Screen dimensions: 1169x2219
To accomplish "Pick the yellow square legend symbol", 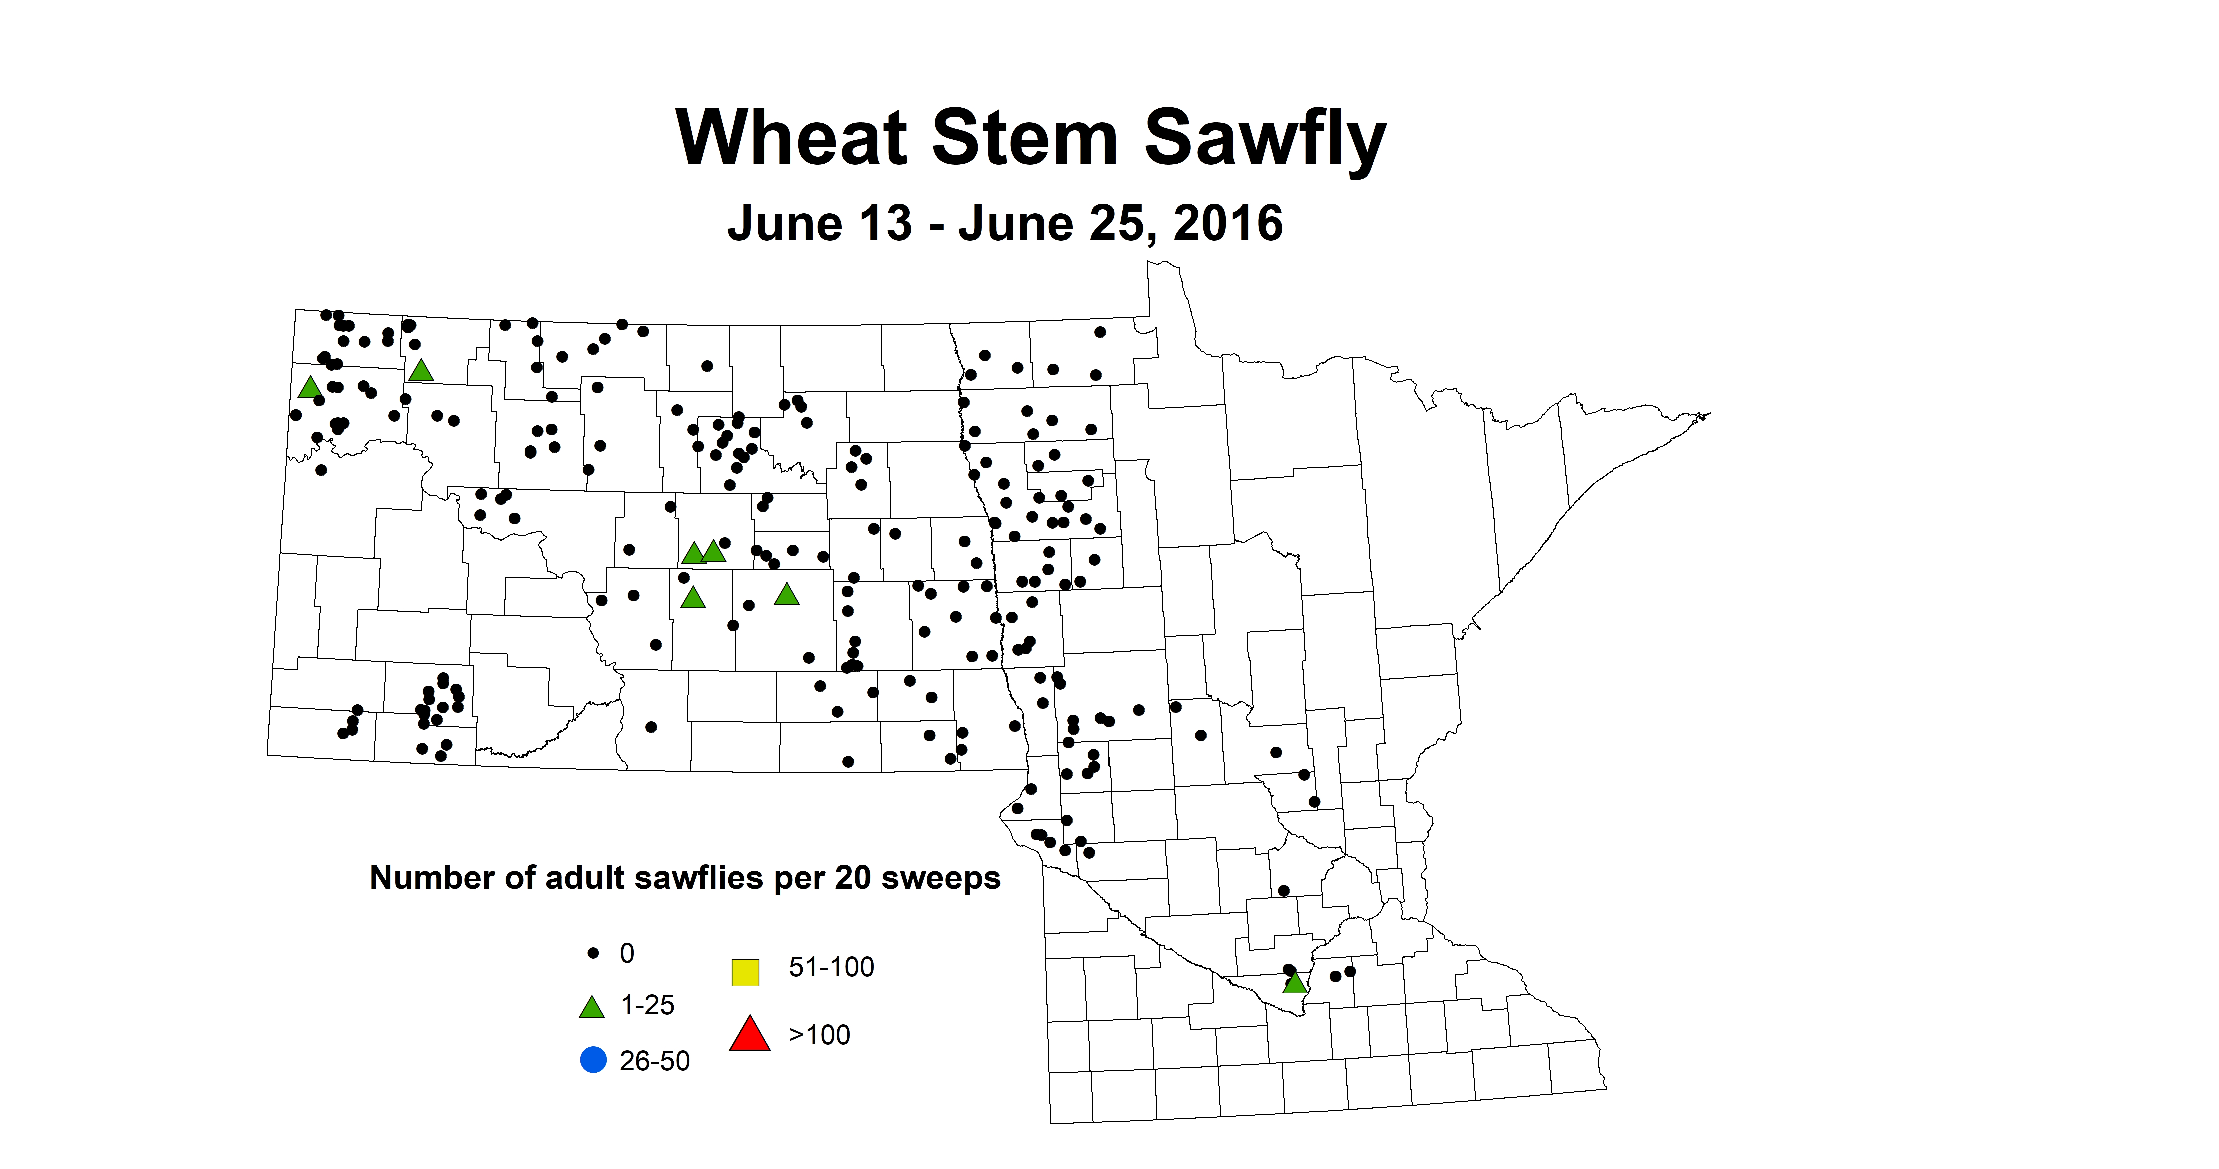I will click(745, 972).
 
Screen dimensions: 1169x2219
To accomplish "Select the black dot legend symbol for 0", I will click(593, 953).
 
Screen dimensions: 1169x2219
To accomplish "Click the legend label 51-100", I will click(831, 967).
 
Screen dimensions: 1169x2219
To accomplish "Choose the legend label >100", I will click(819, 1035).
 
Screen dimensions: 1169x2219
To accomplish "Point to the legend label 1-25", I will click(648, 1005).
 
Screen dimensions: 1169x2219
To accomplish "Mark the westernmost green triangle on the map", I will click(309, 388).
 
